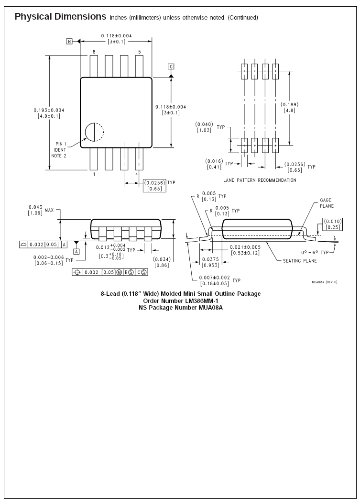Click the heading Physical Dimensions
60,17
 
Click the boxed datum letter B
69,42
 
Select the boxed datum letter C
171,66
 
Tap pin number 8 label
94,51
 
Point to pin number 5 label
139,51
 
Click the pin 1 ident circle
94,132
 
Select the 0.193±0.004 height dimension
49,113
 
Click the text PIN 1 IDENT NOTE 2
60,149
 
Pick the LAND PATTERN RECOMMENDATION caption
260,180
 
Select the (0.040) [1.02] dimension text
204,128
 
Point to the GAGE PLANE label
327,203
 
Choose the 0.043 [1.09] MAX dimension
42,211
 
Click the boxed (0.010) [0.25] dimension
332,223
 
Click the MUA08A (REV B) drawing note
324,282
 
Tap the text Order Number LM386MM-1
180,301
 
